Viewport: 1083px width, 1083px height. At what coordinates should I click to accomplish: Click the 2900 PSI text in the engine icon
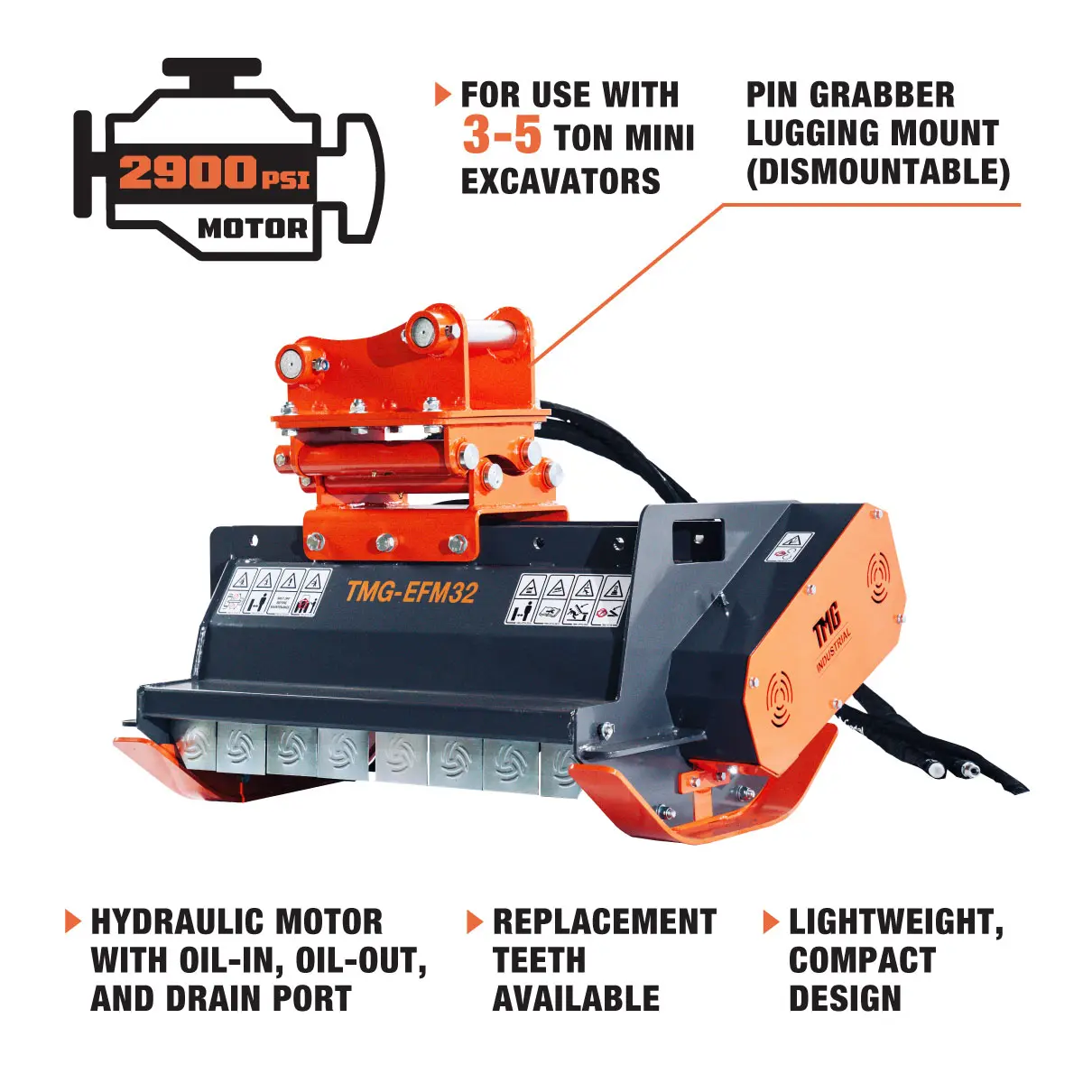pos(213,171)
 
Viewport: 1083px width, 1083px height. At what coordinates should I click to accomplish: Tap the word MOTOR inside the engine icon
pos(252,228)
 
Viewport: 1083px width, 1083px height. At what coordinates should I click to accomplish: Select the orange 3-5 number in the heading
pos(502,135)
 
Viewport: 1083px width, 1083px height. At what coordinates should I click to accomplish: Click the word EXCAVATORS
pos(560,180)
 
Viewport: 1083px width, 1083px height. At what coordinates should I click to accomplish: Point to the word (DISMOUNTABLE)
pos(877,171)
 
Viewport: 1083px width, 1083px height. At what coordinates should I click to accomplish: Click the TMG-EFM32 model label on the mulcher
pos(411,591)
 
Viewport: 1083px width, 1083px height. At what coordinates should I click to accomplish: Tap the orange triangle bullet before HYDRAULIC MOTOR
pos(72,921)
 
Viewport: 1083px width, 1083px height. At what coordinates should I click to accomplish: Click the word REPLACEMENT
pos(604,921)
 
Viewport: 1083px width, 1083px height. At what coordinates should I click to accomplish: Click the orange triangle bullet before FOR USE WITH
pos(442,94)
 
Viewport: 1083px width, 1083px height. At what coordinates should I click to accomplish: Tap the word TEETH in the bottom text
pos(539,960)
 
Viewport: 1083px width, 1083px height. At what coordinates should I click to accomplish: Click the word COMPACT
pos(862,960)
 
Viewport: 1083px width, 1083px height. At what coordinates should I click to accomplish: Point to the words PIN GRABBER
pos(849,95)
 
